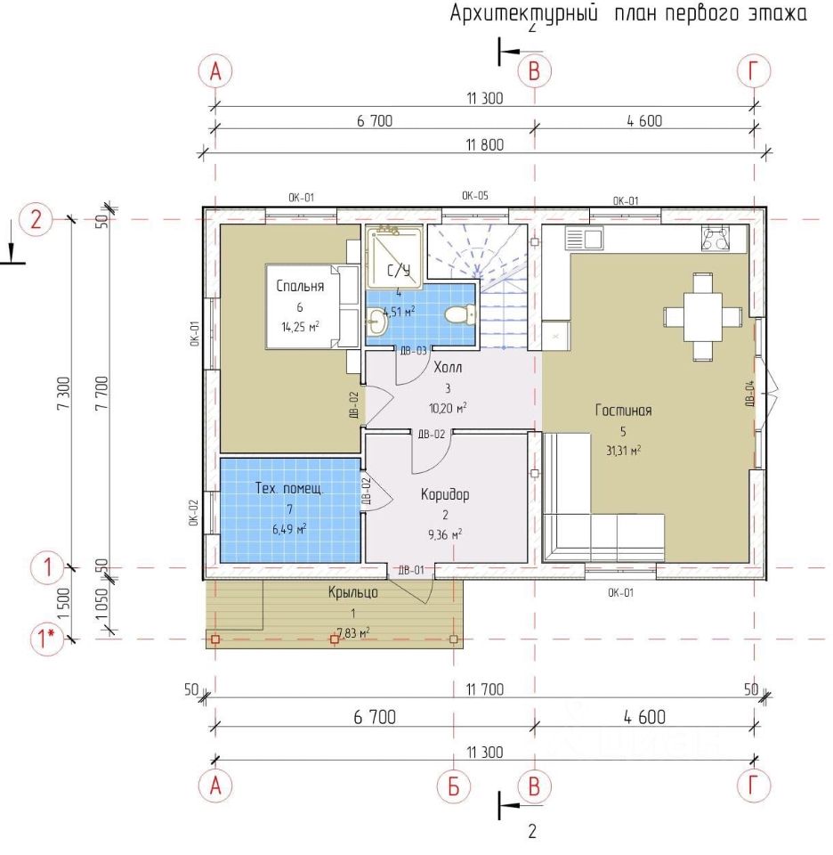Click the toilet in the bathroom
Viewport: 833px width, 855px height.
coord(459,314)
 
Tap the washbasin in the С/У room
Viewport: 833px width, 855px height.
coord(376,322)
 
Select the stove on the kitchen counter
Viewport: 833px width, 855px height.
coord(716,239)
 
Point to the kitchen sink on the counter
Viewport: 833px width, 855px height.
coord(584,239)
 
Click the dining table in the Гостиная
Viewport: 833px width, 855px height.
coord(703,317)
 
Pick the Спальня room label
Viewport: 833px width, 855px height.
coord(300,286)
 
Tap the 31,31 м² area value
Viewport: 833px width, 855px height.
coord(623,451)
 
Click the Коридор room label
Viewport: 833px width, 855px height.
coord(445,494)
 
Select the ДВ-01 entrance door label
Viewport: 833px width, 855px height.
coord(411,570)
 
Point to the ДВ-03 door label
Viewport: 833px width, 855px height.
coord(414,351)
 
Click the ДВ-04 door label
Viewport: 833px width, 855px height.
coord(749,394)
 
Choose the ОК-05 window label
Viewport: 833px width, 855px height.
coord(475,196)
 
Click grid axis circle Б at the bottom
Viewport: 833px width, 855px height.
coord(453,786)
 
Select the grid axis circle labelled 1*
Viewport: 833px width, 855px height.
coord(47,638)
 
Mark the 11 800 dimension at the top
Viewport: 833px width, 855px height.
coord(485,145)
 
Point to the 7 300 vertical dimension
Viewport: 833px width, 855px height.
coord(64,393)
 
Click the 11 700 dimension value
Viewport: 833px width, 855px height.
coord(485,689)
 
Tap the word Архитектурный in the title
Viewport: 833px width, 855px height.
coord(524,13)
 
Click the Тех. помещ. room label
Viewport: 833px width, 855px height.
coord(289,489)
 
